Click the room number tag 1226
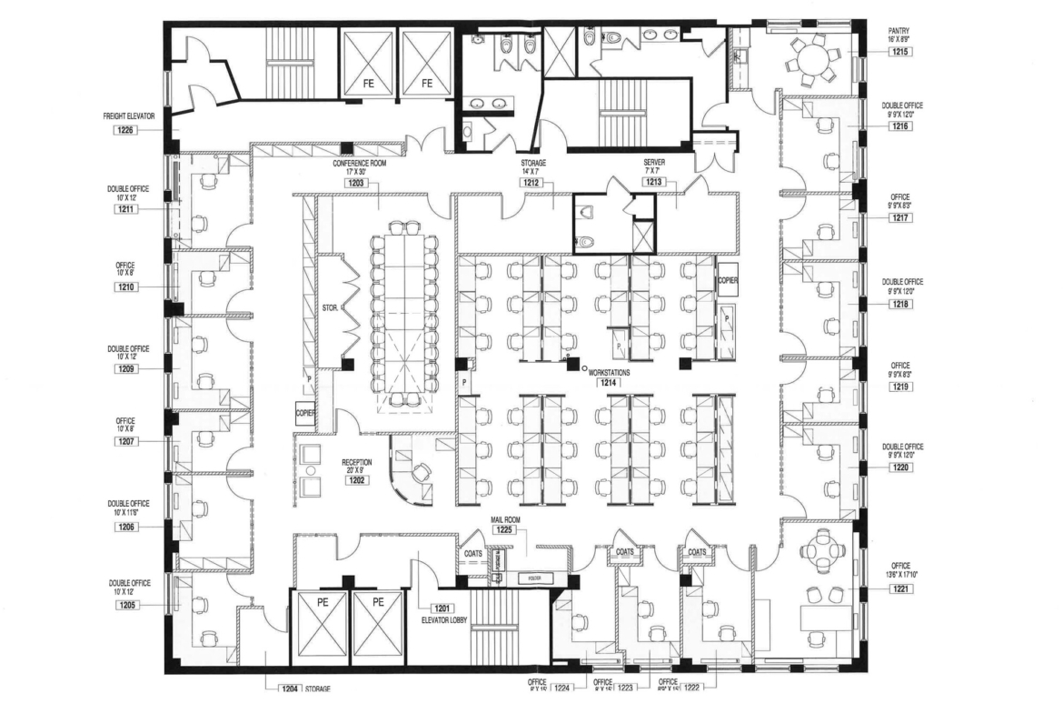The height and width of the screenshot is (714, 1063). point(124,131)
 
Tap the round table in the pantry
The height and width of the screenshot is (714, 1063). point(810,60)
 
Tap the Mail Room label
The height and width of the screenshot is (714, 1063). point(504,518)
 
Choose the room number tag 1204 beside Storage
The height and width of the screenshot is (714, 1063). point(289,689)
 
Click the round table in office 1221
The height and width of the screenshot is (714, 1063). point(824,551)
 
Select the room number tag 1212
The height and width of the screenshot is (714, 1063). point(532,182)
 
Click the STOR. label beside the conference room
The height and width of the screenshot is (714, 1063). point(330,308)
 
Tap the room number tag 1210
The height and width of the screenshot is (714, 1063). point(125,287)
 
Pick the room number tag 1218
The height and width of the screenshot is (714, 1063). point(901,303)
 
